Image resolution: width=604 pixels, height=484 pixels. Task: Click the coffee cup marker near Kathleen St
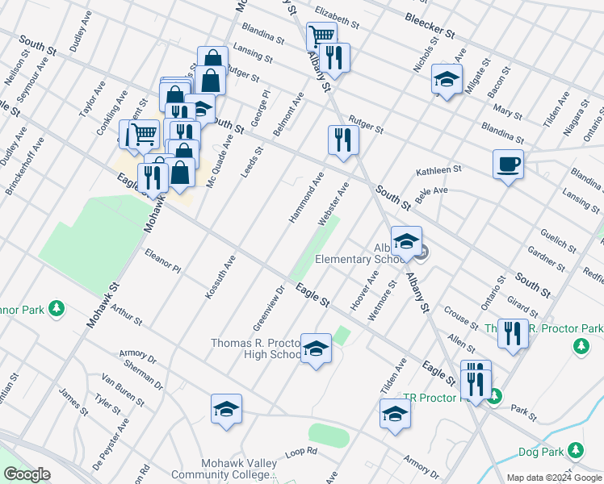pos(508,165)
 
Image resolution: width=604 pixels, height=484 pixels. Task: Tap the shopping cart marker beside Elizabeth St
pos(321,35)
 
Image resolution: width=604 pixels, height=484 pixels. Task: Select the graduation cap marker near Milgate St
pos(446,79)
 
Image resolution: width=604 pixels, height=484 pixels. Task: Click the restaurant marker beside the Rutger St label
pos(344,140)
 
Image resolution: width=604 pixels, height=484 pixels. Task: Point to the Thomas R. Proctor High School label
pos(256,348)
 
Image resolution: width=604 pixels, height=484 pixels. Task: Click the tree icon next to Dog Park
pos(575,449)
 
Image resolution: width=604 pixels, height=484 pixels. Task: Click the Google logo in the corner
pos(27,474)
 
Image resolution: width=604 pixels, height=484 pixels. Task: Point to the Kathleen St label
pos(438,171)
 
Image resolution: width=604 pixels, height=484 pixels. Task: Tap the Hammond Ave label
pos(307,198)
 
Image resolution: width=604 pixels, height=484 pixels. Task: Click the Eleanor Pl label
pos(162,261)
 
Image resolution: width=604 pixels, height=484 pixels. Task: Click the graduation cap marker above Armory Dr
pos(396,415)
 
